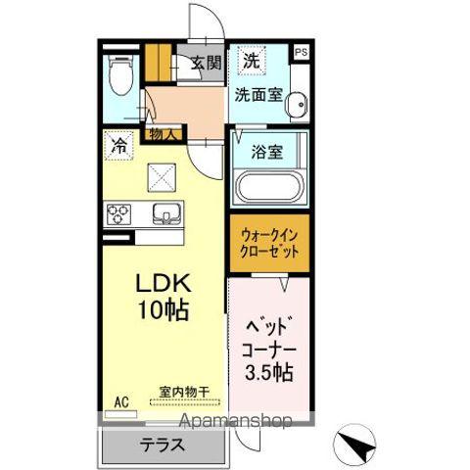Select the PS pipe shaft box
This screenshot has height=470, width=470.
[x=300, y=52]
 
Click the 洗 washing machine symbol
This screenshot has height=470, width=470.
[x=252, y=60]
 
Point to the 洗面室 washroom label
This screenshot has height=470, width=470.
[x=258, y=95]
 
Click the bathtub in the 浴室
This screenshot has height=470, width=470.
[x=268, y=186]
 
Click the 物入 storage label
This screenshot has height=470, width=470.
[x=163, y=134]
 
